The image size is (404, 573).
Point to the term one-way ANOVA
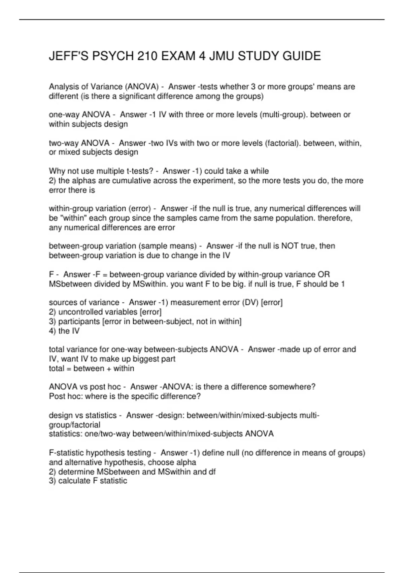click(79, 115)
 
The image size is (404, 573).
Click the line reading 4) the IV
click(64, 331)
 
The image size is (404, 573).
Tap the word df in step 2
click(212, 472)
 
